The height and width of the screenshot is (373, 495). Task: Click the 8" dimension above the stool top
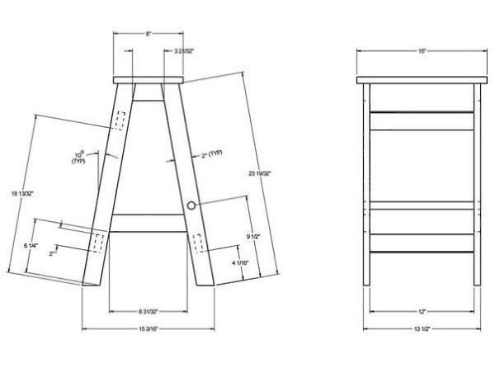pos(148,34)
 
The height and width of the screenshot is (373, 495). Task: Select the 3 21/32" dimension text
pos(184,51)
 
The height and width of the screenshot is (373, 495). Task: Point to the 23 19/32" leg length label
pos(260,173)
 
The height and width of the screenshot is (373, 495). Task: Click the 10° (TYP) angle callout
pos(79,158)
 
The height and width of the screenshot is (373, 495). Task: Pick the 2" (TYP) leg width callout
pos(212,154)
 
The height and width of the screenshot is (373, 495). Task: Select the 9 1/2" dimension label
pos(253,236)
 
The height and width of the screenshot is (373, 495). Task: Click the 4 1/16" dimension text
pos(241,262)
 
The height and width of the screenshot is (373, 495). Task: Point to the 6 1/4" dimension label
pos(31,245)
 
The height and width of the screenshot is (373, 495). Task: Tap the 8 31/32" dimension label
pos(148,312)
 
